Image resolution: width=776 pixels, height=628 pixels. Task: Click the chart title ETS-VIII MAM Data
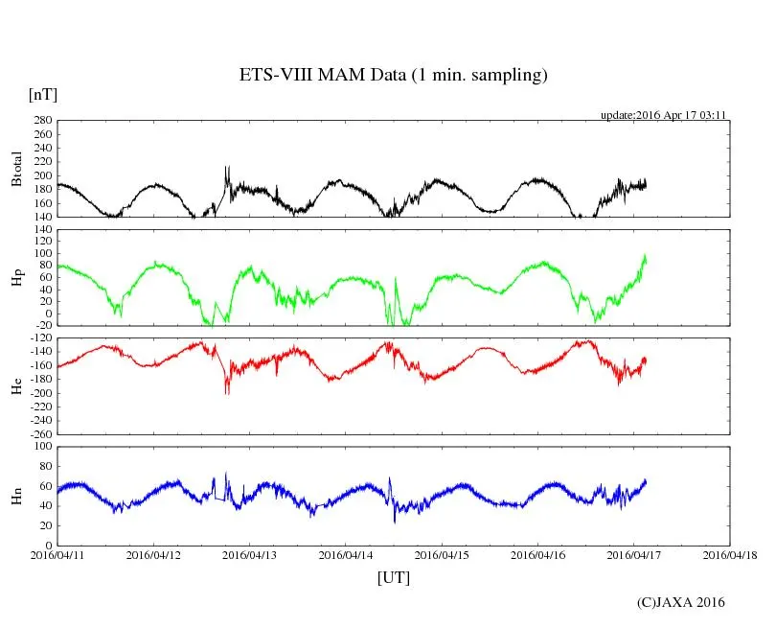pos(393,76)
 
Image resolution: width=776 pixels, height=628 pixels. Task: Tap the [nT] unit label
pos(42,94)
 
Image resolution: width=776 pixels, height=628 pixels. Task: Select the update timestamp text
pos(664,115)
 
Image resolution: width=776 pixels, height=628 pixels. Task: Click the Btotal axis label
pos(16,169)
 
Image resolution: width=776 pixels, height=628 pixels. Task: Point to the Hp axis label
pos(16,278)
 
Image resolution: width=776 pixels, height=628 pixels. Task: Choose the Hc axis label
pos(16,386)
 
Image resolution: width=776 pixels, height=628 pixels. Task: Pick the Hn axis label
pos(16,496)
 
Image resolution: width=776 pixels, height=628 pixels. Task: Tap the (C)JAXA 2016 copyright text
pos(681,602)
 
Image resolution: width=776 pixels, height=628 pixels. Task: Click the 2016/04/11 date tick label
pos(57,554)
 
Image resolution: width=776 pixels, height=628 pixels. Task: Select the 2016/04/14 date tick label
pos(346,554)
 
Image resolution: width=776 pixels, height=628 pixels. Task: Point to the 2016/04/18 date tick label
pos(730,554)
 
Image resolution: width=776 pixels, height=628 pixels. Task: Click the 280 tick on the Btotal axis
pos(41,121)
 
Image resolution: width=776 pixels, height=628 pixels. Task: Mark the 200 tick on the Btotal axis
pos(41,175)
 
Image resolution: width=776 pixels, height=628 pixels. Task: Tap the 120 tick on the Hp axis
pos(41,230)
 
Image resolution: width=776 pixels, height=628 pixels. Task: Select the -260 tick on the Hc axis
pos(38,433)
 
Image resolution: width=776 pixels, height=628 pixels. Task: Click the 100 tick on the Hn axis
pos(41,447)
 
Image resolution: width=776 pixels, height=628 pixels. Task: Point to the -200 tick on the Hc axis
pos(38,393)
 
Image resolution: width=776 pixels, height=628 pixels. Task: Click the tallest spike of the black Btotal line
pos(226,168)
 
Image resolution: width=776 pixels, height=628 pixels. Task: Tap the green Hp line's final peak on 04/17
pos(645,256)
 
